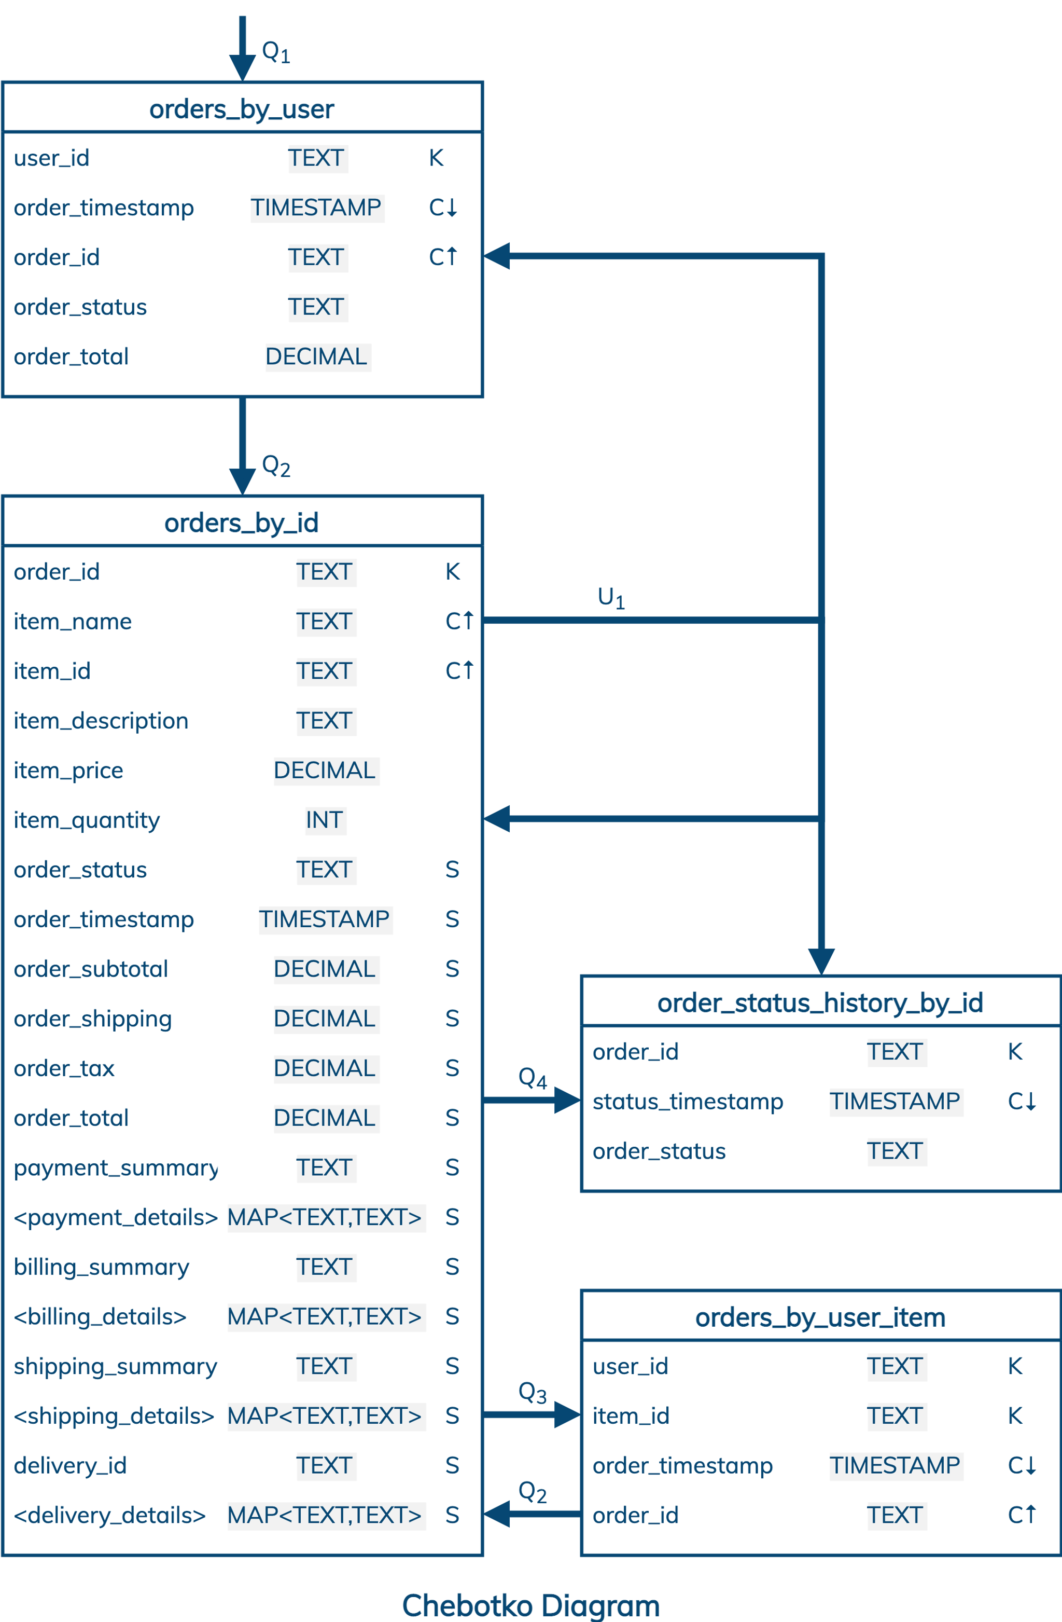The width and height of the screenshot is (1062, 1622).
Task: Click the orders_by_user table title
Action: tap(242, 109)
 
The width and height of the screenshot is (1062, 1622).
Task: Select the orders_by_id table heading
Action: tap(242, 523)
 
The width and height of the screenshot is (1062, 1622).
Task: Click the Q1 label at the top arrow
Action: tap(276, 51)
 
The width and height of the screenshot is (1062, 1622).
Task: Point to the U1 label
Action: tap(611, 597)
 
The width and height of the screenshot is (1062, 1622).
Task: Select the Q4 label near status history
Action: tap(532, 1078)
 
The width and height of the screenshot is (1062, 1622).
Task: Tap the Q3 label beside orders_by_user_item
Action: tap(532, 1392)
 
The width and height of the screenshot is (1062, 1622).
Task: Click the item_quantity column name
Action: tap(87, 820)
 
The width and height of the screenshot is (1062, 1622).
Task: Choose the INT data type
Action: tap(324, 820)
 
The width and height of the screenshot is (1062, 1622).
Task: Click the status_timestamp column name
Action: tap(687, 1102)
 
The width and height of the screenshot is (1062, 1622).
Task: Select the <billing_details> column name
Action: tap(100, 1316)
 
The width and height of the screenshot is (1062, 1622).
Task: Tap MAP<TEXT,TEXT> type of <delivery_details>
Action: tap(324, 1515)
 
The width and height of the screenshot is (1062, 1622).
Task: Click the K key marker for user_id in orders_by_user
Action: tap(436, 158)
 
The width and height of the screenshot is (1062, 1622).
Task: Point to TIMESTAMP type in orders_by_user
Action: tap(316, 207)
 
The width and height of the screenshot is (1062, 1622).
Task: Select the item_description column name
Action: tap(101, 720)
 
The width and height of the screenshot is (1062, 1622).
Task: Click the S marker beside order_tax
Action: tap(452, 1068)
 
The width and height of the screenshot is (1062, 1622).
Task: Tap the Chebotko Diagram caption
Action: tap(530, 1605)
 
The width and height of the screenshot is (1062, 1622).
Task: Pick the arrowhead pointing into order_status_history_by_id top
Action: tap(821, 961)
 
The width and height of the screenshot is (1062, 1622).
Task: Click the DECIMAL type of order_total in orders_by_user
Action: tap(316, 356)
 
